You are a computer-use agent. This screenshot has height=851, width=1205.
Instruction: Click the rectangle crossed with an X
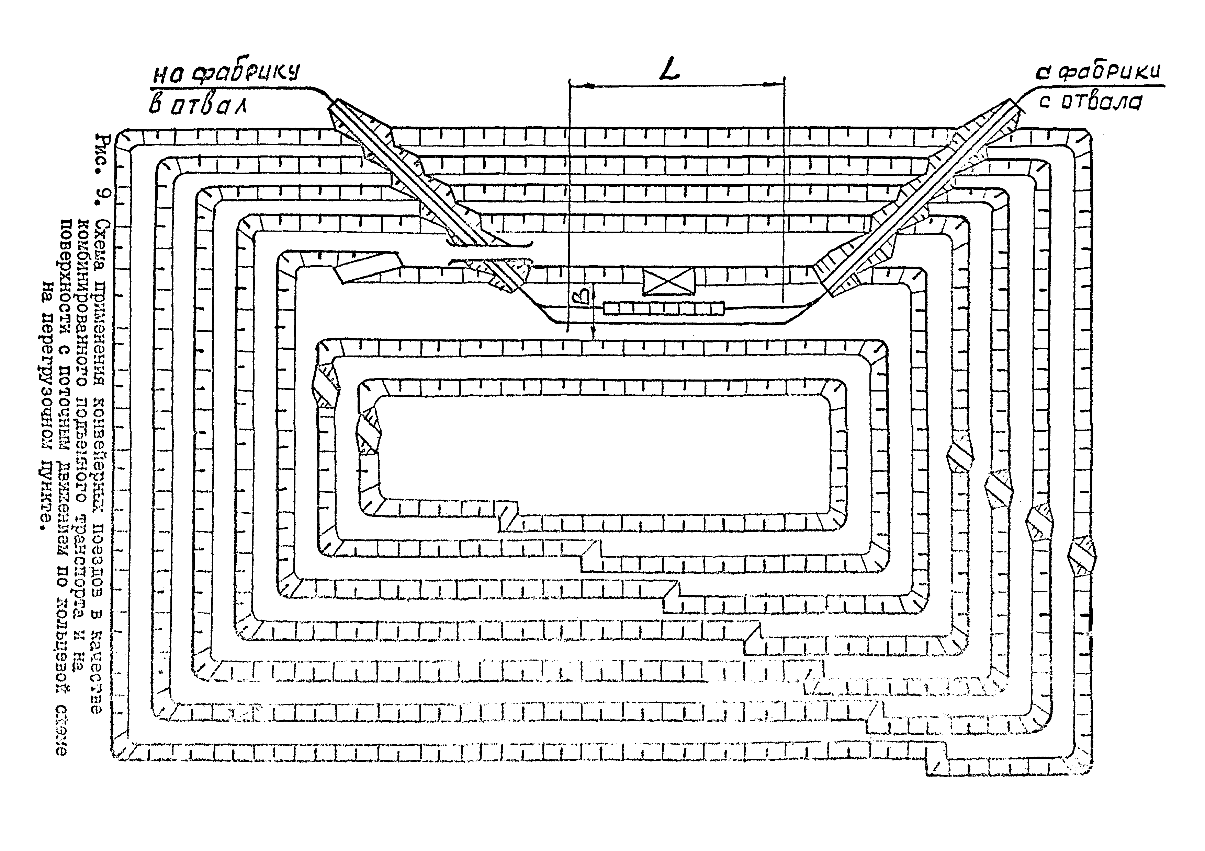(669, 281)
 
